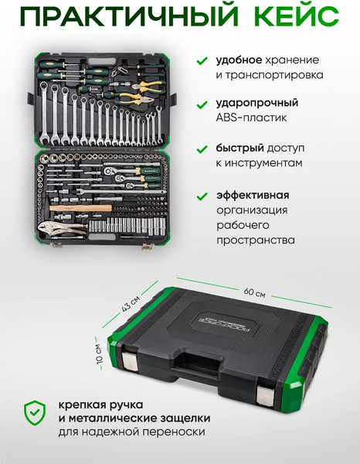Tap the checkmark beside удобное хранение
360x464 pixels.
click(202, 61)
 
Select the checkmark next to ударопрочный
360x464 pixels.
click(202, 104)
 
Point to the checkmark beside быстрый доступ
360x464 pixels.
click(202, 149)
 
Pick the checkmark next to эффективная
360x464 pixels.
click(202, 196)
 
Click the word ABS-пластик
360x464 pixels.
click(251, 118)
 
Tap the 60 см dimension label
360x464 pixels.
click(254, 292)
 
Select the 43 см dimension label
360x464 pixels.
click(131, 304)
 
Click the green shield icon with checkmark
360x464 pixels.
click(35, 413)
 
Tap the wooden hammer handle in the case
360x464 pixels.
click(80, 208)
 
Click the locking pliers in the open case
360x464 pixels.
click(62, 228)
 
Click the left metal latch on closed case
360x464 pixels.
click(129, 360)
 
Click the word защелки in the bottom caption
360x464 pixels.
click(185, 418)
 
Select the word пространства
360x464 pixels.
click(256, 240)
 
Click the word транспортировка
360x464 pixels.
click(270, 75)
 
